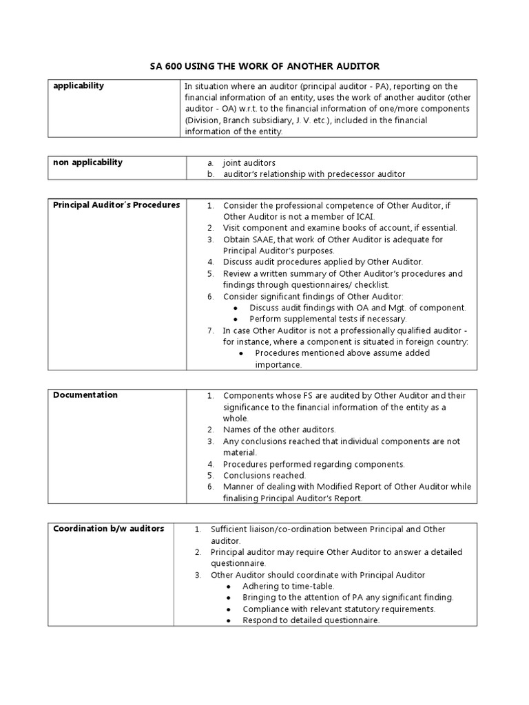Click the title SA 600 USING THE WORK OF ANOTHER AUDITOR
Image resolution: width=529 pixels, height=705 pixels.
(x=264, y=65)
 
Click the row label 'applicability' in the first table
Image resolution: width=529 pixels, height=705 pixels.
(x=79, y=86)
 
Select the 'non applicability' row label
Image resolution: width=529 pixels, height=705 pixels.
(x=88, y=162)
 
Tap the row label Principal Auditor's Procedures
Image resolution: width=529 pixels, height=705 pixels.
(x=116, y=204)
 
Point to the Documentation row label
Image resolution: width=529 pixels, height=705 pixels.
(x=85, y=395)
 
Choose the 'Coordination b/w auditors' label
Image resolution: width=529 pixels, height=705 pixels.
(x=109, y=529)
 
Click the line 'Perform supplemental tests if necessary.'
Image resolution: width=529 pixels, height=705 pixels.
(x=328, y=319)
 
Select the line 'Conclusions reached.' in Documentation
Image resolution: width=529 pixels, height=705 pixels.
(x=264, y=476)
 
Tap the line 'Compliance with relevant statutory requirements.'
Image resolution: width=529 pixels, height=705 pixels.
(x=339, y=609)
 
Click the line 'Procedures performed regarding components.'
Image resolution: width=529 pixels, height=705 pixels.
(x=313, y=464)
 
